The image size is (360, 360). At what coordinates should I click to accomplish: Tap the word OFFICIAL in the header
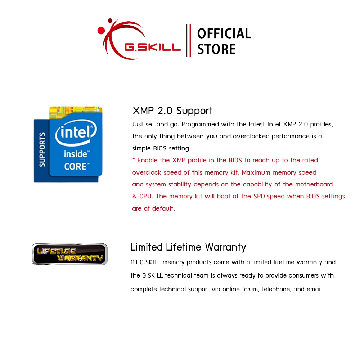[224, 33]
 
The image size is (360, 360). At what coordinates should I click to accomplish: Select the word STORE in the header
[216, 49]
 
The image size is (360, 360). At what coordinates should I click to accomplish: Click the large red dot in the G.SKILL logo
[101, 31]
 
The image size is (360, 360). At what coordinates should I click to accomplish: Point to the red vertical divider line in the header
[190, 40]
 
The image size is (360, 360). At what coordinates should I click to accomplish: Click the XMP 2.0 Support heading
[172, 111]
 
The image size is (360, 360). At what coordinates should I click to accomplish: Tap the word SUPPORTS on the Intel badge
[42, 150]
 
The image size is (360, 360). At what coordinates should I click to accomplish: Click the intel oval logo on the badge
[76, 133]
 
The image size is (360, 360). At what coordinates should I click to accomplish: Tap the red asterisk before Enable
[134, 159]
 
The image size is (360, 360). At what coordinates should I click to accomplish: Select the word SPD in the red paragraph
[259, 196]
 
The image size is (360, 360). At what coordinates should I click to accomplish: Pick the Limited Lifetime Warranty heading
[188, 247]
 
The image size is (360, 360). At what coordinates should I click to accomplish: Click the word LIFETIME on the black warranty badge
[56, 251]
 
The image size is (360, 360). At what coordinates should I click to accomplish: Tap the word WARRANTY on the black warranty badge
[80, 258]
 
